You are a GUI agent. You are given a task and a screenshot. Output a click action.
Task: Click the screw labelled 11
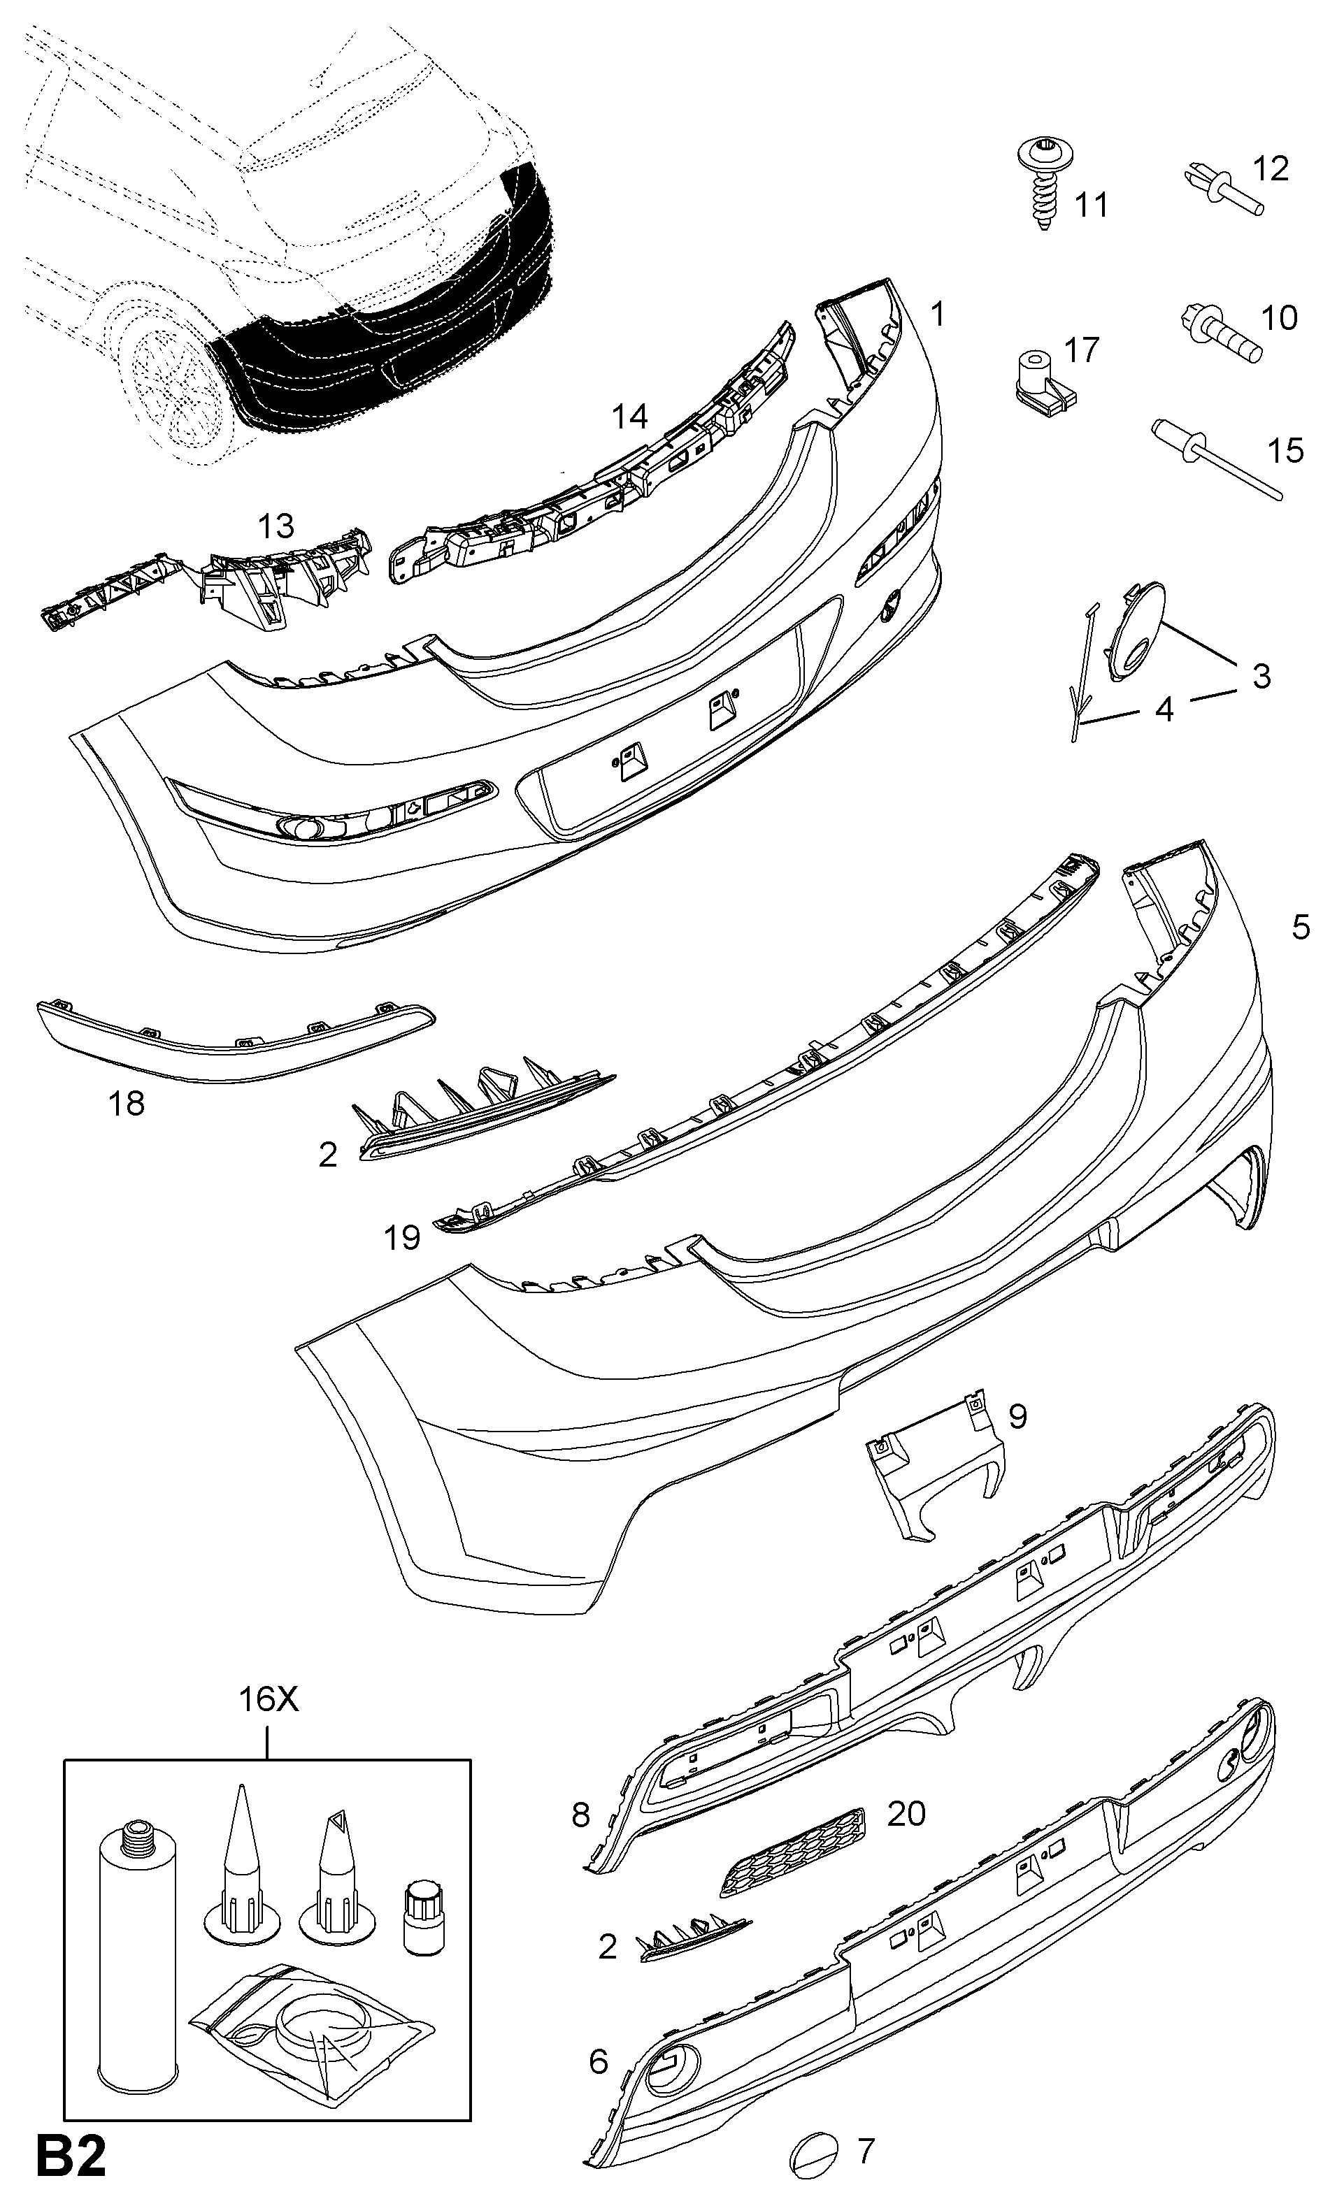tap(1043, 186)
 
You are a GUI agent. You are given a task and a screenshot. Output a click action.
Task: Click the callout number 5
tap(1300, 927)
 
